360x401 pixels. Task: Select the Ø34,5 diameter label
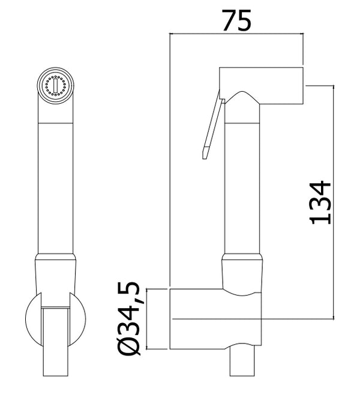pos(131,319)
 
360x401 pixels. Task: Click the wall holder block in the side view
pos(216,318)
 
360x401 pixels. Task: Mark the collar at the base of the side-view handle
pos(242,273)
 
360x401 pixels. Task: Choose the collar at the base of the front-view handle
pos(56,273)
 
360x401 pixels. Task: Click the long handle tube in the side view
pos(242,186)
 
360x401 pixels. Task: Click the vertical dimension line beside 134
pos(332,201)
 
